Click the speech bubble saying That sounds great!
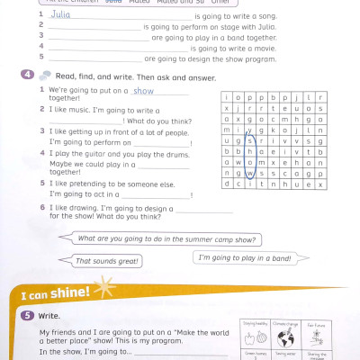(x=106, y=261)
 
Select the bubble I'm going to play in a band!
(x=244, y=258)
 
